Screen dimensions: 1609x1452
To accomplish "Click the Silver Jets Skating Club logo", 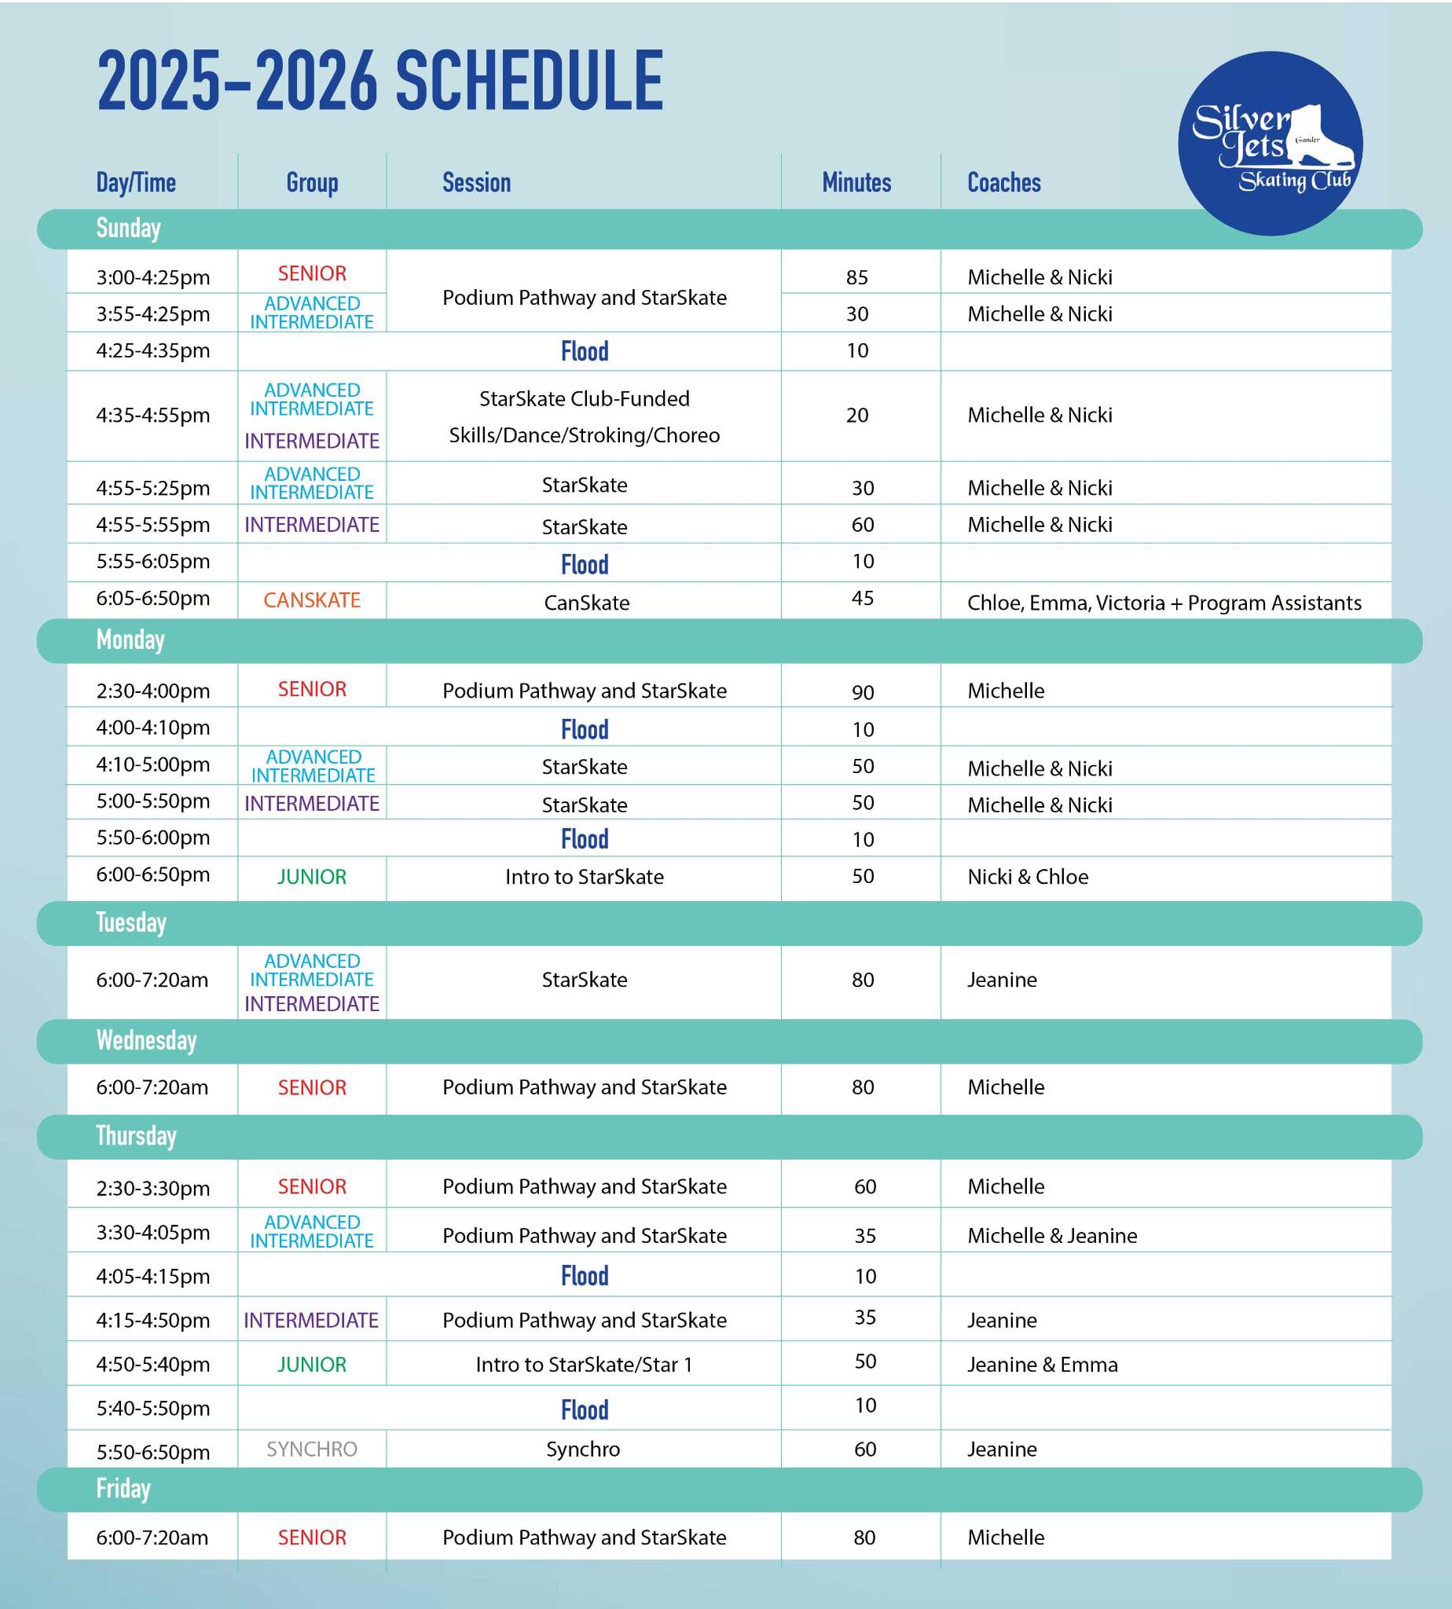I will (1270, 144).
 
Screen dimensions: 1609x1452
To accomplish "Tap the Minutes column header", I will (856, 183).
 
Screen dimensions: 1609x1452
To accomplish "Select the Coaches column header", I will (1003, 183).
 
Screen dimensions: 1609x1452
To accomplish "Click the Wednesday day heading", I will (146, 1040).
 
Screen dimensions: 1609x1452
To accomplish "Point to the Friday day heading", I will (123, 1489).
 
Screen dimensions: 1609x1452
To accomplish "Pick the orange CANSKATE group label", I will (312, 601).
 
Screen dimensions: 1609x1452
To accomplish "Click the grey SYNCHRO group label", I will (312, 1449).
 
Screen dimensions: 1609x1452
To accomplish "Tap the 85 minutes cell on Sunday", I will (857, 277).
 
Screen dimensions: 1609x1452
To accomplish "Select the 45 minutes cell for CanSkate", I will (863, 599).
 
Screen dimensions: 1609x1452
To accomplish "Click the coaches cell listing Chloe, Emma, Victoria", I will (1164, 603).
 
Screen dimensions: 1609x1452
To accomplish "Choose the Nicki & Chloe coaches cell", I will (1028, 877).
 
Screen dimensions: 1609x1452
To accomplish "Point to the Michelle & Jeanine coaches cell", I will (1052, 1236).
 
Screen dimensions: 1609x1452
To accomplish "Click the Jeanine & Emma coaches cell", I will (1042, 1365).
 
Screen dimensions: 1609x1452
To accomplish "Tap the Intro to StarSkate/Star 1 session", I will (584, 1365).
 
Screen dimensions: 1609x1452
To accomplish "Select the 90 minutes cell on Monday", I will (863, 692).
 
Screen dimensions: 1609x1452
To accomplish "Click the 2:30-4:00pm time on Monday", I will (153, 691).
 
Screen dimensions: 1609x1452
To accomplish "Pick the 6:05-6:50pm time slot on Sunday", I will (153, 599).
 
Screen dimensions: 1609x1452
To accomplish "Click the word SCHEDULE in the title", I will (529, 82).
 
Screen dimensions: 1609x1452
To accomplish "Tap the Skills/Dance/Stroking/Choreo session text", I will (584, 435).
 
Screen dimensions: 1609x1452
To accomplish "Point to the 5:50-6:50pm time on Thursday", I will (153, 1452).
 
